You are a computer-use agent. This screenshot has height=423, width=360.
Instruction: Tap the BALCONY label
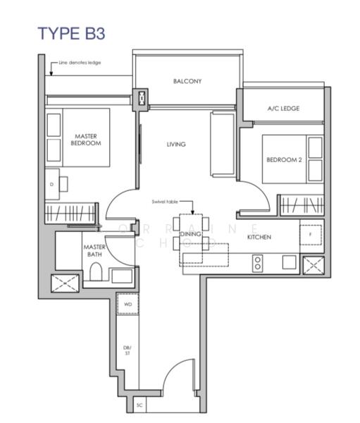click(x=187, y=81)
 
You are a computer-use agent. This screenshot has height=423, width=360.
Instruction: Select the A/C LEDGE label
click(x=284, y=109)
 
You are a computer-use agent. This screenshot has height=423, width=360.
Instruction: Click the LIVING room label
click(x=176, y=145)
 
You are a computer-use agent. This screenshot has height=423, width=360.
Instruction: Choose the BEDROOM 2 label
click(x=284, y=160)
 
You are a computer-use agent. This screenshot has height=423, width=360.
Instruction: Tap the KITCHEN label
click(x=259, y=237)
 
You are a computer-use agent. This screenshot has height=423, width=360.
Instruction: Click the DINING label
click(x=191, y=234)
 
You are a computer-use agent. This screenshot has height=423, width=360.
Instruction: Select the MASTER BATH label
click(x=94, y=252)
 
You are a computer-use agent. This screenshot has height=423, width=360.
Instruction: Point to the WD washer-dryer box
click(x=128, y=305)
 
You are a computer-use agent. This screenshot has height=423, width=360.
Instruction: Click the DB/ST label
click(x=128, y=350)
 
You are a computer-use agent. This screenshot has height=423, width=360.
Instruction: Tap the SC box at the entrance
click(x=139, y=406)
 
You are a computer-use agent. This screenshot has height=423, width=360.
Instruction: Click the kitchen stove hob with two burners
click(x=258, y=263)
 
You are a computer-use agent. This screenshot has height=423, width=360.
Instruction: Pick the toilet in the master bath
click(x=95, y=272)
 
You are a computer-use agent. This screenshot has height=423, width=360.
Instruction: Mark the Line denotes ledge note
click(x=80, y=63)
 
